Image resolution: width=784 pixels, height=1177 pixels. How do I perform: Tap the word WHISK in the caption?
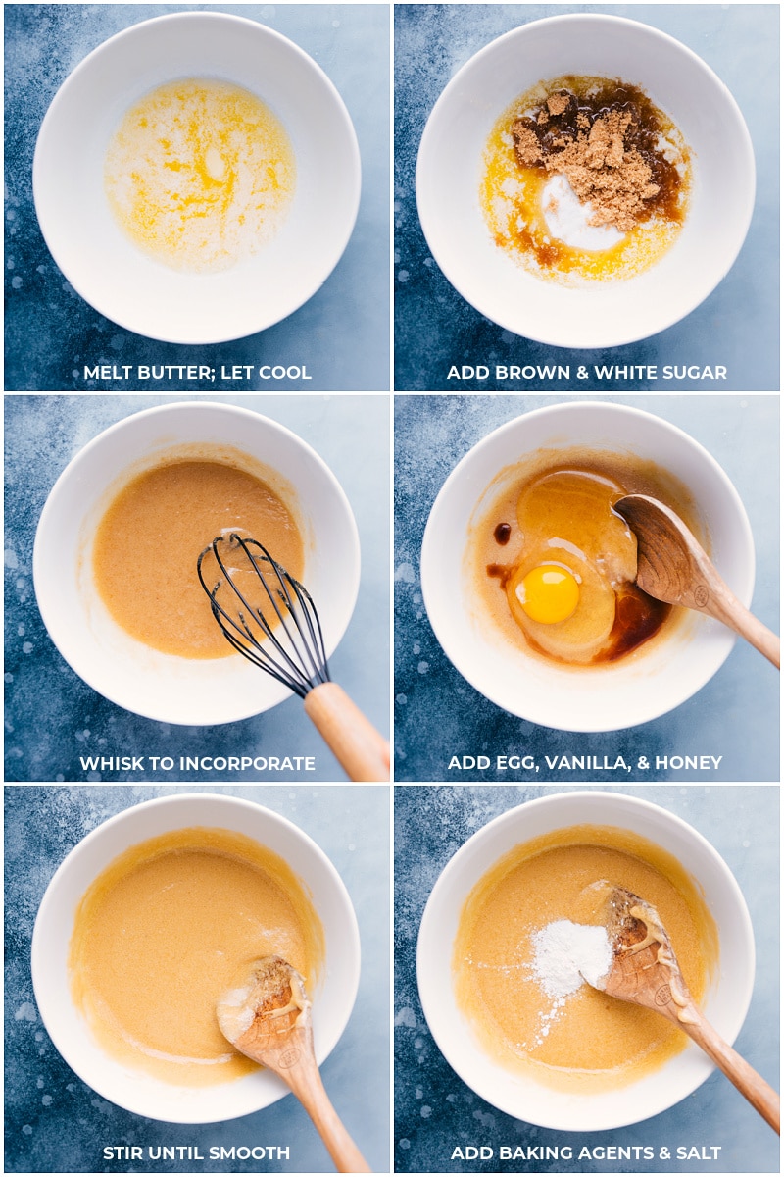pos(109,763)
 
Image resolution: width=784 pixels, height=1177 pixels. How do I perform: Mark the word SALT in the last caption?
pos(699,1153)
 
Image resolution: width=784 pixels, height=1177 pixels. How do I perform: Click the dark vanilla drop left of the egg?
pos(502,534)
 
